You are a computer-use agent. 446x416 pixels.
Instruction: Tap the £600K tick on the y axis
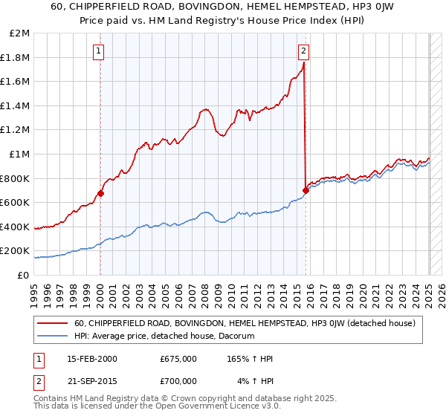(18, 202)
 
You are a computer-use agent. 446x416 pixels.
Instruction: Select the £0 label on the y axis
(25, 275)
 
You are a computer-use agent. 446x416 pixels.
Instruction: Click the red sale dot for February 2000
(100, 193)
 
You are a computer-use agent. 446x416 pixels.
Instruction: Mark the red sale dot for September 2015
(306, 190)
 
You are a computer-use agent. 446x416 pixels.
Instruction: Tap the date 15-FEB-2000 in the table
(91, 358)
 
